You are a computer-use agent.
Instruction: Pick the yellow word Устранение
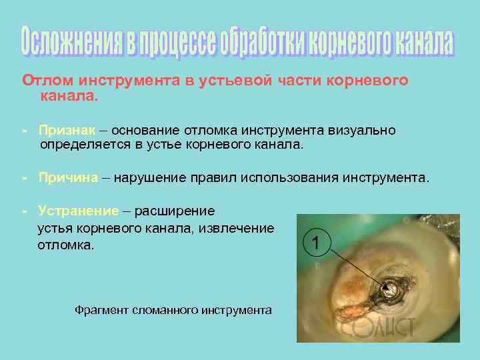[78, 211]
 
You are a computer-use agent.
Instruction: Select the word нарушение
[148, 178]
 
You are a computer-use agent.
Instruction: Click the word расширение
[175, 211]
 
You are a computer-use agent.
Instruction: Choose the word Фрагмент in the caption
[101, 310]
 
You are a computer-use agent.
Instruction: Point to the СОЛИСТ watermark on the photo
[381, 327]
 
